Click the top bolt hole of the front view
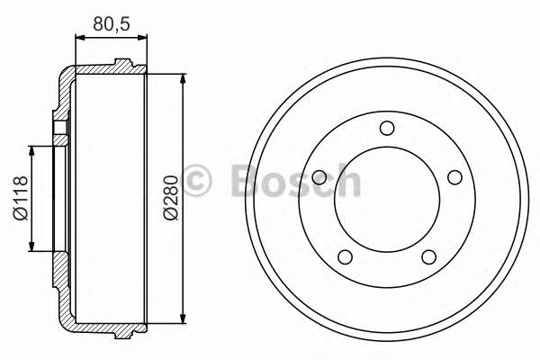386,127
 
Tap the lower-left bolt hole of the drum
345,256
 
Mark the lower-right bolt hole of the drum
428,256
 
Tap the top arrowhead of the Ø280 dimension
184,76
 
